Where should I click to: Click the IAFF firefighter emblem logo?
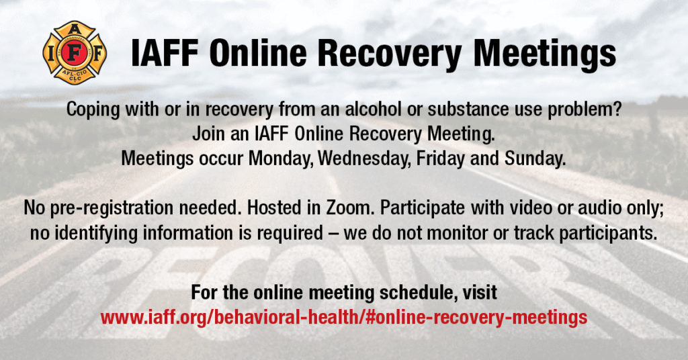[x=75, y=52]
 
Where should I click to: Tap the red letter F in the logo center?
[x=75, y=53]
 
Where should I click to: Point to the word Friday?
[x=440, y=159]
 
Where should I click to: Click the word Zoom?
[x=351, y=208]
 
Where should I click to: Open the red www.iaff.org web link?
[x=343, y=317]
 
